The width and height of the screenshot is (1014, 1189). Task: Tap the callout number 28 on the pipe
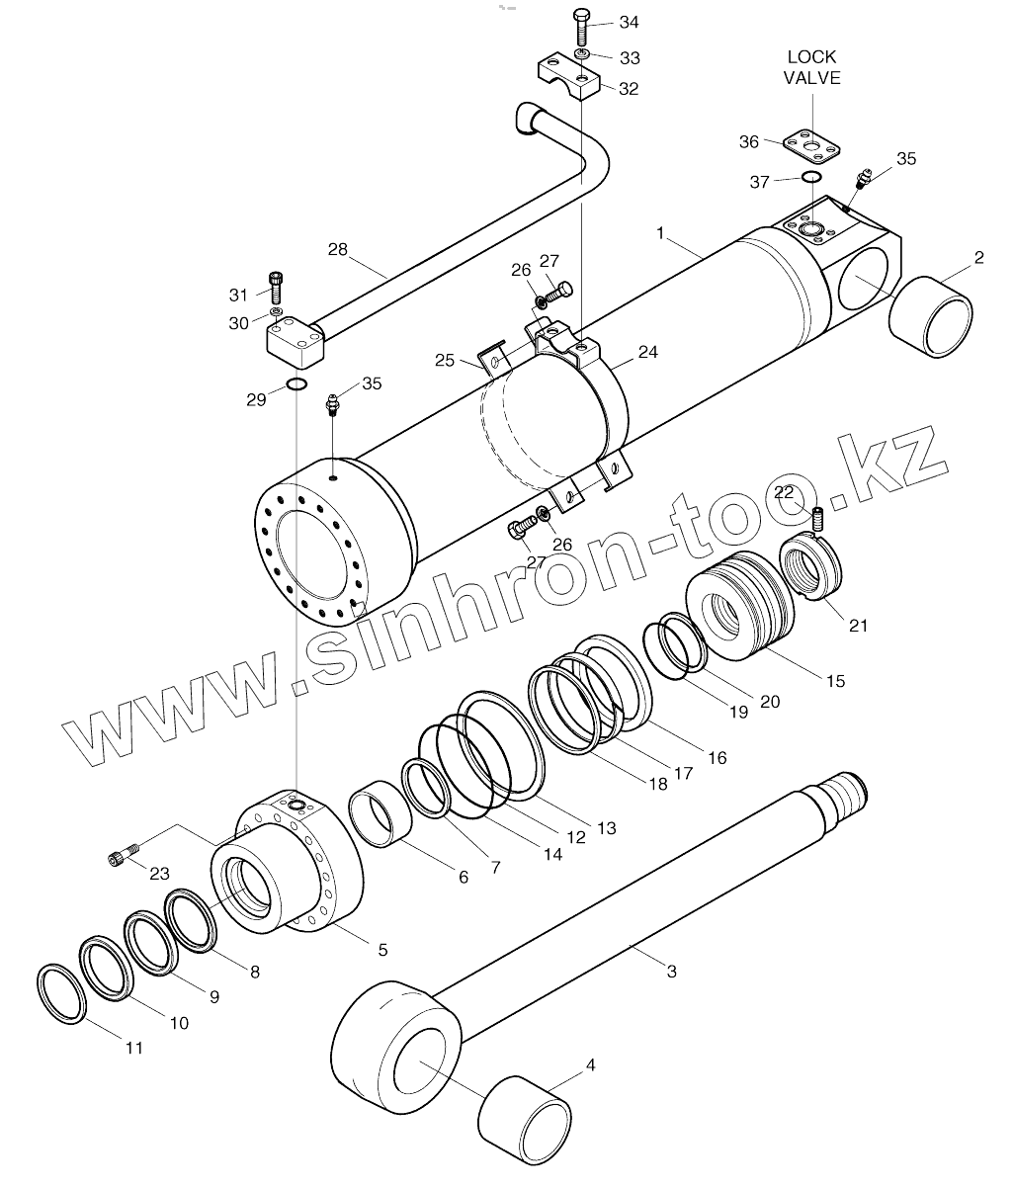[x=338, y=250]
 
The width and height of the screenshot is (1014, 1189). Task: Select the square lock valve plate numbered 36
[x=811, y=144]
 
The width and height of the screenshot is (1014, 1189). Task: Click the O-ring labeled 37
[x=811, y=177]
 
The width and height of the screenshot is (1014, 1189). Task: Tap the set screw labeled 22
[x=818, y=517]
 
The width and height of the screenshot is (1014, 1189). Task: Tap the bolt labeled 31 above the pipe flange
[x=275, y=286]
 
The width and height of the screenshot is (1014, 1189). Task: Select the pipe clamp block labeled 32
[x=570, y=77]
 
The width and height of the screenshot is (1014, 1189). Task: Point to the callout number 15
[x=835, y=680]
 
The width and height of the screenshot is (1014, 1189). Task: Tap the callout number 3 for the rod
[x=671, y=972]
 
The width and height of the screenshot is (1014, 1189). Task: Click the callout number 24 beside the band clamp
[x=647, y=351]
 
